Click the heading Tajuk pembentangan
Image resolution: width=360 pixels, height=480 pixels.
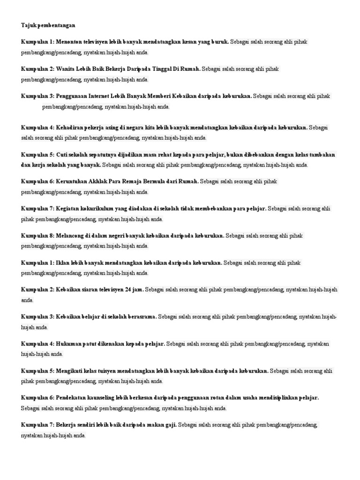coord(48,25)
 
